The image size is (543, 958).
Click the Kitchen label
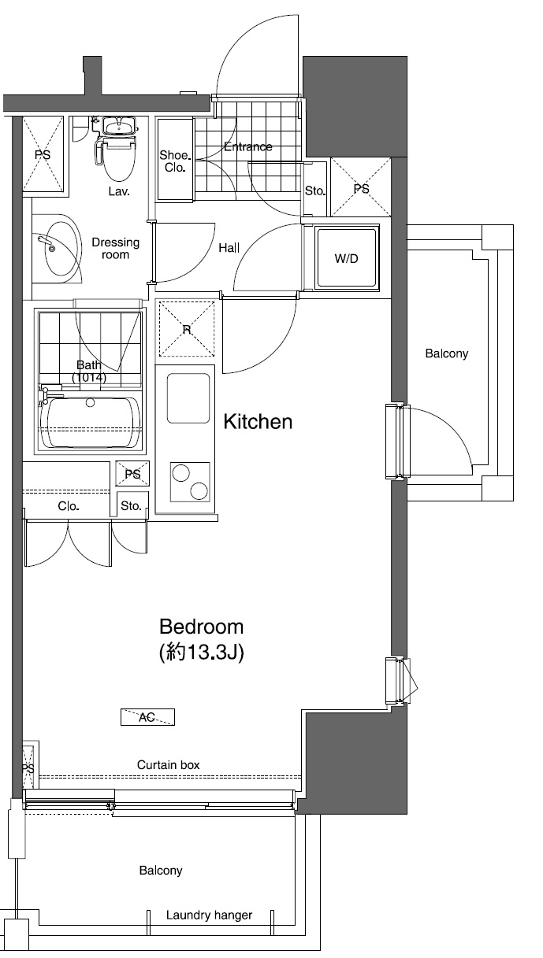point(258,422)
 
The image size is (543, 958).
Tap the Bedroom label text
point(201,627)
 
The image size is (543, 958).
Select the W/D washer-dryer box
point(347,258)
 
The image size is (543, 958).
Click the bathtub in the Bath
point(90,423)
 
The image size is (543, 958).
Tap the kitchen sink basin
point(188,398)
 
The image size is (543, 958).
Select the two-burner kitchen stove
point(190,482)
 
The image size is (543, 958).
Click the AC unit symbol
point(147,717)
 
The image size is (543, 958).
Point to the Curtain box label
point(169,764)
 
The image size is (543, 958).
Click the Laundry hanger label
point(209,915)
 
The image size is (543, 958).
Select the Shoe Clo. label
point(174,161)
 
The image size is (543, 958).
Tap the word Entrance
point(248,146)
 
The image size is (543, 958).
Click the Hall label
point(229,248)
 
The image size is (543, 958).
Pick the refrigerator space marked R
point(187,329)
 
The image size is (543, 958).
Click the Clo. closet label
point(69,506)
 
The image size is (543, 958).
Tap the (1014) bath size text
point(89,377)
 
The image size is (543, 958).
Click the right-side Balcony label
point(447,353)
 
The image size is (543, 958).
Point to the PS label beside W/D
point(362,189)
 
